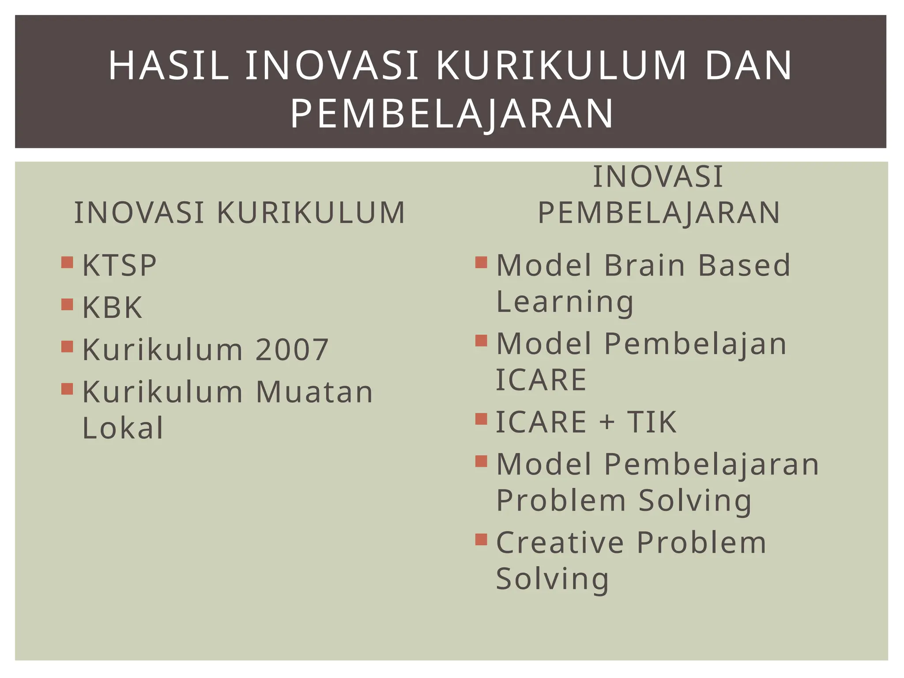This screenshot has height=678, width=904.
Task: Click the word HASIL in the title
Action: click(169, 66)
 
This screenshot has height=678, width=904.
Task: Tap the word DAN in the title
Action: click(749, 66)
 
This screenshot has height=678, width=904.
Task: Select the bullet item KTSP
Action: click(119, 266)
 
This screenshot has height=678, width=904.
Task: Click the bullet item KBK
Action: click(113, 308)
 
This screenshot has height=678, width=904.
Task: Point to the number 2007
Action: click(292, 350)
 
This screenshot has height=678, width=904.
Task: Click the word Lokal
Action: click(123, 428)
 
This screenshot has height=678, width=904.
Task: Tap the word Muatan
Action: click(314, 392)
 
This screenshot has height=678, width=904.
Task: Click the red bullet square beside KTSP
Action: click(67, 263)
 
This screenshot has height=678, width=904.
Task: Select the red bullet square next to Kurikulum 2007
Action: click(67, 347)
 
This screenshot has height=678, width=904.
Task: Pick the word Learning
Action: click(565, 302)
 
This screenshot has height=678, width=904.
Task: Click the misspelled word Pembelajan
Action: click(695, 344)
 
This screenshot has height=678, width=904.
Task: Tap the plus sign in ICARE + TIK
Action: click(607, 422)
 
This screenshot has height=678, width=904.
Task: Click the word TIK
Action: click(652, 422)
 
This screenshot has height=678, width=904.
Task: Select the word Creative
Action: click(560, 543)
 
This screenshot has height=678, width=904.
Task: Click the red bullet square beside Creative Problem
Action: click(481, 539)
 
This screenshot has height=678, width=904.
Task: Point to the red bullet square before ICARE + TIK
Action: click(481, 418)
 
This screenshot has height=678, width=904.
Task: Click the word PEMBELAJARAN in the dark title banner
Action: click(452, 114)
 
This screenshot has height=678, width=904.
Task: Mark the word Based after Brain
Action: click(744, 266)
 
